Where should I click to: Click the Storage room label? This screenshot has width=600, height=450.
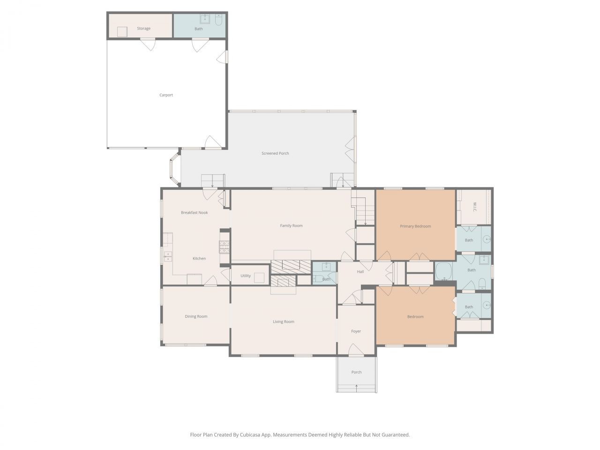[x=143, y=29]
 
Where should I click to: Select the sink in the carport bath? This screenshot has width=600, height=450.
[x=205, y=19]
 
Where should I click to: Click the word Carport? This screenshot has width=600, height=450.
[x=166, y=95]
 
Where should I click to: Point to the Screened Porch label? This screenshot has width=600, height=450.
[x=275, y=153]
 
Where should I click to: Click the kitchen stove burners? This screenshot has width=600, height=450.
[x=224, y=247]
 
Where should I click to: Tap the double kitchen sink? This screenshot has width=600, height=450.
[x=167, y=256]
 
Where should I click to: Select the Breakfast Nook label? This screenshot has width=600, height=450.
[x=194, y=213]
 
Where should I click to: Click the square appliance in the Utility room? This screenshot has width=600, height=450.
[x=259, y=277]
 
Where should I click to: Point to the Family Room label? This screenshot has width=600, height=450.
[x=291, y=226]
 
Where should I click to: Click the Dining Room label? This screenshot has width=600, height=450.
[x=196, y=316]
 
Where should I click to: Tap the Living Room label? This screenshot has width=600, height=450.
[x=284, y=322]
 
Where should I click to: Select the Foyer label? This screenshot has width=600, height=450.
[x=356, y=331]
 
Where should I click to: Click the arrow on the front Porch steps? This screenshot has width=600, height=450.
[x=356, y=388]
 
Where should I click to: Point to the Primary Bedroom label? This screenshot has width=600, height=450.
[x=415, y=226]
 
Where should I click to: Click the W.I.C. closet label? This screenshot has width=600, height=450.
[x=474, y=207]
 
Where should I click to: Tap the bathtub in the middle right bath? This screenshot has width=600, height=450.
[x=443, y=271]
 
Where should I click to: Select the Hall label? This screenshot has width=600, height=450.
[x=360, y=272]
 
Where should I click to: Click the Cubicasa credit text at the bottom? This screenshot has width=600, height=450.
[x=300, y=435]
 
